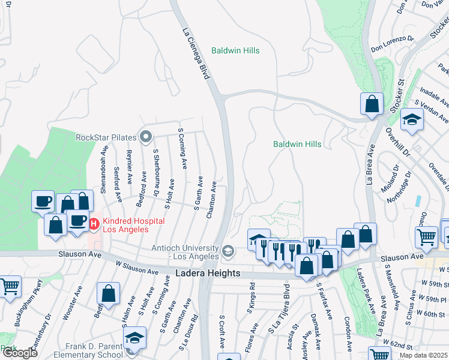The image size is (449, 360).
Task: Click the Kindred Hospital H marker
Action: [x=94, y=224]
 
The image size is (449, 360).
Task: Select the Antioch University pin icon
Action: [x=228, y=251]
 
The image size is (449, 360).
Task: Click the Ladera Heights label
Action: [x=208, y=274]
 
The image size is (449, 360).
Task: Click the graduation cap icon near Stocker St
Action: [x=412, y=120]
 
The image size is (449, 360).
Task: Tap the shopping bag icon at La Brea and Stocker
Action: [x=372, y=103]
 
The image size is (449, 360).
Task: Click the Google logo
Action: [x=19, y=353]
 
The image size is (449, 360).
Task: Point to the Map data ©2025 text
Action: [x=424, y=355]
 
